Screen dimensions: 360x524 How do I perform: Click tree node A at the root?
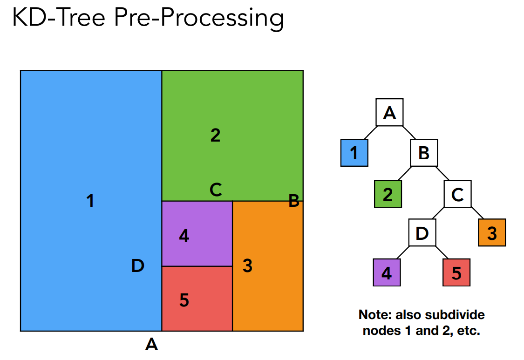[x=389, y=112]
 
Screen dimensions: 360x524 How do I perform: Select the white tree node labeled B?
[x=423, y=153]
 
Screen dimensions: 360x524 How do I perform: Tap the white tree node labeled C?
[x=457, y=194]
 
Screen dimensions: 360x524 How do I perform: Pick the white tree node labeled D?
[x=422, y=232]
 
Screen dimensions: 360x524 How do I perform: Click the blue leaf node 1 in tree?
[x=354, y=153]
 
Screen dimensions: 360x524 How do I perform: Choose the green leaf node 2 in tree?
[x=388, y=194]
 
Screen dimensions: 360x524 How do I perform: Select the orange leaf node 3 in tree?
[x=492, y=232]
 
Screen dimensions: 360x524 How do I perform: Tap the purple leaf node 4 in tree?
[x=387, y=272]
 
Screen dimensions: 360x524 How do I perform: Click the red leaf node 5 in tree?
[x=456, y=272]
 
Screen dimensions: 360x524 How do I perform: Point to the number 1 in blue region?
[x=90, y=201]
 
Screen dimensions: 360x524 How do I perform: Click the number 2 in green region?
[x=215, y=135]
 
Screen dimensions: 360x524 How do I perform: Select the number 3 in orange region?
[x=247, y=266]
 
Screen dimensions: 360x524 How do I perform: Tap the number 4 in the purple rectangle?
[x=184, y=236]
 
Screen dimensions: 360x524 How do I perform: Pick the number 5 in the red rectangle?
[x=184, y=300]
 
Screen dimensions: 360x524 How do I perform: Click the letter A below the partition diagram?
[x=151, y=345]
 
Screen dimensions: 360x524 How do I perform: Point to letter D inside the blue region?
[x=137, y=266]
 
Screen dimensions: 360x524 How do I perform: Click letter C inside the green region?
[x=215, y=190]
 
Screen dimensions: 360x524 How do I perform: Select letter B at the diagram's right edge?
[x=293, y=201]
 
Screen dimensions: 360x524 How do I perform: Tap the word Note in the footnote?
[x=374, y=315]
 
